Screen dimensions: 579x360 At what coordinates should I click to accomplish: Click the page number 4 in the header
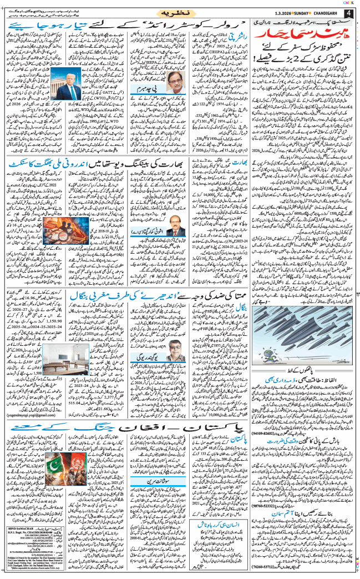[x=349, y=13]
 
